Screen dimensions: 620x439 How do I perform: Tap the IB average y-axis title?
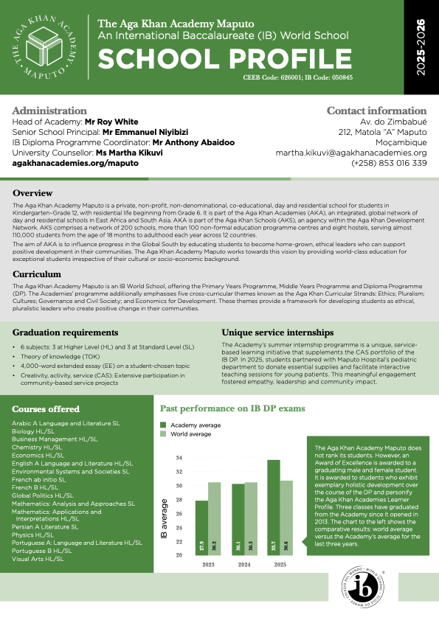(164, 520)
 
